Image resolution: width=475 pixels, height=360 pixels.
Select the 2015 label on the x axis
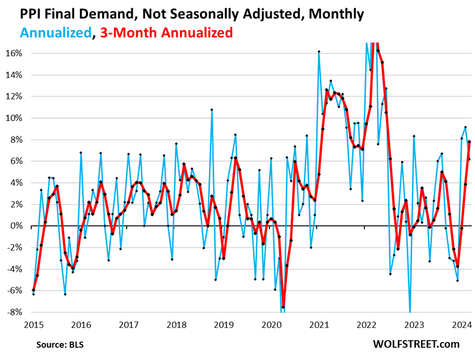(34, 325)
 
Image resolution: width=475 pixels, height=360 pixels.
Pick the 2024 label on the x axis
(461, 325)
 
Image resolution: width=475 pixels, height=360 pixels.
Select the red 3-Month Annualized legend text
(166, 33)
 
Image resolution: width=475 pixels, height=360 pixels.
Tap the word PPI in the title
(19, 14)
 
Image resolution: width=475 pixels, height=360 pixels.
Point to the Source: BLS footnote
(60, 344)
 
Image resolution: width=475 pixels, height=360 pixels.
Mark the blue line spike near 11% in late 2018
(211, 110)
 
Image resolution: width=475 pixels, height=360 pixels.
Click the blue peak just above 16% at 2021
(319, 51)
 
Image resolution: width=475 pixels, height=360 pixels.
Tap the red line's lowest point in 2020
(283, 307)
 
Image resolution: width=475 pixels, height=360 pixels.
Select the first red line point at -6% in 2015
(33, 290)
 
